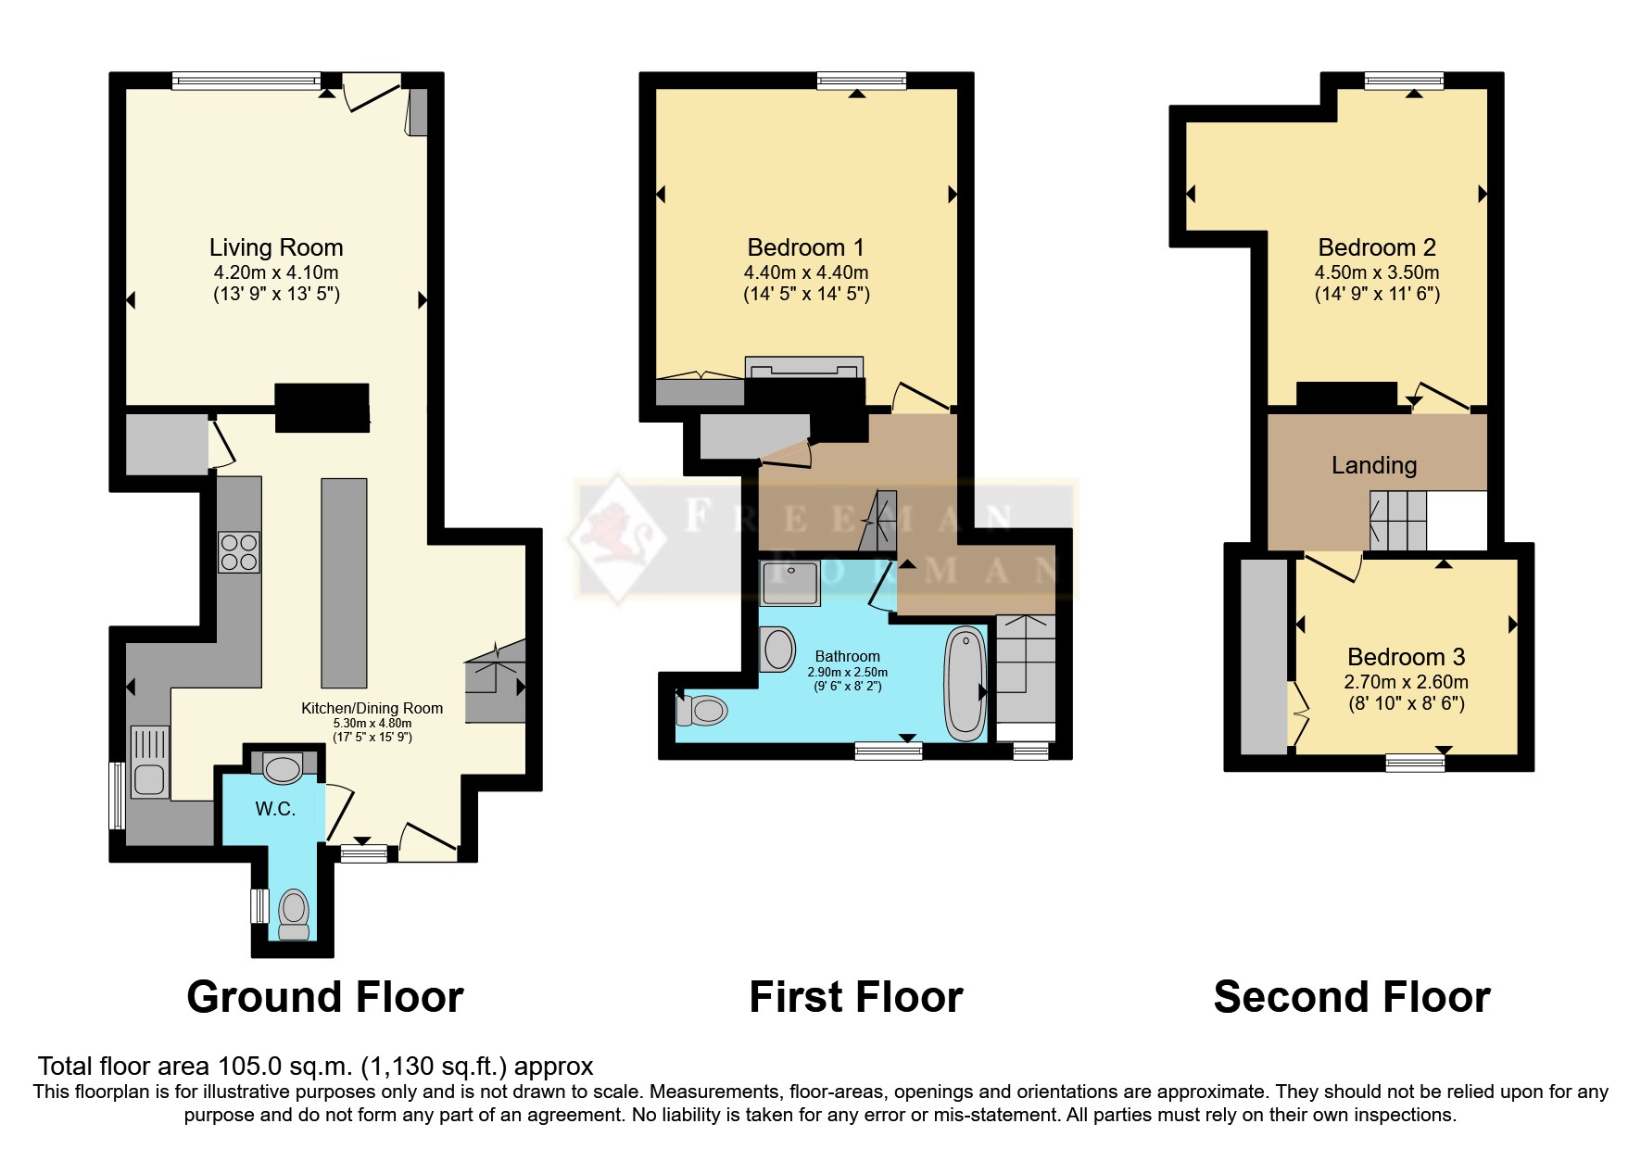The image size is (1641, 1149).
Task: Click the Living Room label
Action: point(276,247)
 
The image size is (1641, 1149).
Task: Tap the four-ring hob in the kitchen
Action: point(239,552)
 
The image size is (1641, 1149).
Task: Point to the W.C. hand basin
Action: point(282,767)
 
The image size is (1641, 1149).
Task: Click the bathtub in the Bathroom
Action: point(966,684)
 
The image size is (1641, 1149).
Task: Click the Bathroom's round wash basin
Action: point(778,649)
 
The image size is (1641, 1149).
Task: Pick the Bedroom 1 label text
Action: point(805,247)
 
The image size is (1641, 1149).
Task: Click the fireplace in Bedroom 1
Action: point(804,368)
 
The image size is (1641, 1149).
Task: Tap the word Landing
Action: point(1374,465)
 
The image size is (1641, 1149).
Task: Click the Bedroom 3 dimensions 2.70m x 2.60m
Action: point(1406,682)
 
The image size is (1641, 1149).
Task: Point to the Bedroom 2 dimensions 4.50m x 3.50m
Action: point(1377,272)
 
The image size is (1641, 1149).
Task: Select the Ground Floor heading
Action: point(325,997)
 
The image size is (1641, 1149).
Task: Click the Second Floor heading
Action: point(1352,997)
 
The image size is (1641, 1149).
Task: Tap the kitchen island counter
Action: point(344,583)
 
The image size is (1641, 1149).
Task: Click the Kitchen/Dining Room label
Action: point(372,708)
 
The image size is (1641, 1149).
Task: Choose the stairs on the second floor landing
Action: point(1398,521)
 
